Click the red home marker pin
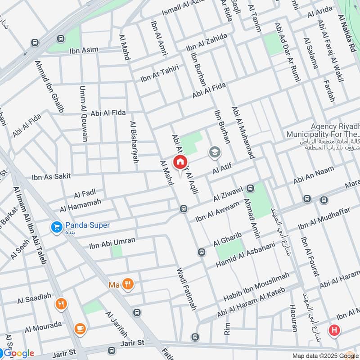click(x=180, y=162)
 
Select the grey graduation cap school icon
click(x=215, y=153)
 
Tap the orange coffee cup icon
click(x=80, y=328)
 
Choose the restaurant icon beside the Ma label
click(x=129, y=284)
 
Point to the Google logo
click(x=18, y=353)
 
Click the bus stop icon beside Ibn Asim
click(x=35, y=43)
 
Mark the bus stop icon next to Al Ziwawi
click(x=251, y=188)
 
